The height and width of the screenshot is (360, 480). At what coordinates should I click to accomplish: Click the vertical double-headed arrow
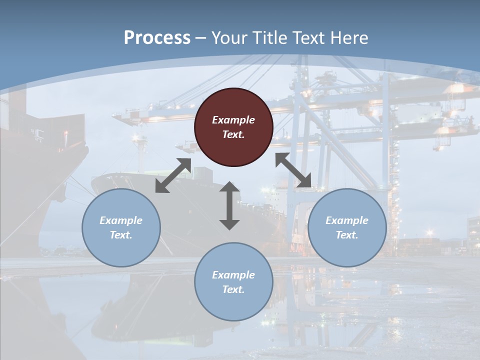click(x=229, y=205)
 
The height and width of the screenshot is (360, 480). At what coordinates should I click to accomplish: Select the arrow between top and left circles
click(x=173, y=175)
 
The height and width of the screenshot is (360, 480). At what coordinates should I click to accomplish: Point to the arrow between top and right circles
click(x=293, y=170)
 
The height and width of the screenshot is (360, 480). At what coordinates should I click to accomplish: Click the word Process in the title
click(x=157, y=38)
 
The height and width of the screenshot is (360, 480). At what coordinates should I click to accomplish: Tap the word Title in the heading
click(x=270, y=38)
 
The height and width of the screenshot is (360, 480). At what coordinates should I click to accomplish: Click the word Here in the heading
click(x=349, y=38)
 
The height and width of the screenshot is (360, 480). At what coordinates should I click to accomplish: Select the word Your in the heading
click(x=229, y=38)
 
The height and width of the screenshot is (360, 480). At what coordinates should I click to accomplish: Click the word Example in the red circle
click(x=233, y=120)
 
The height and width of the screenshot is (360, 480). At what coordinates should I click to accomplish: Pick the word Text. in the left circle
click(x=121, y=235)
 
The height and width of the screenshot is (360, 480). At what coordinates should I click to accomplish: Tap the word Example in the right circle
click(x=347, y=220)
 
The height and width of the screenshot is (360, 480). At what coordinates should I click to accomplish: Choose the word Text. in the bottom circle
click(x=233, y=289)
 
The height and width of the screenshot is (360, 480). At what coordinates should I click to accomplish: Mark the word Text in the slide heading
click(x=308, y=38)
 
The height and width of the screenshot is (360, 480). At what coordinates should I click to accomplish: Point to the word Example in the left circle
click(x=121, y=220)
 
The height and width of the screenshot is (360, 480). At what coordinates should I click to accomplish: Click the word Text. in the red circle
click(x=233, y=134)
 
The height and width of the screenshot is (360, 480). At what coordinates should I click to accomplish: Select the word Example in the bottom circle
click(x=233, y=275)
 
